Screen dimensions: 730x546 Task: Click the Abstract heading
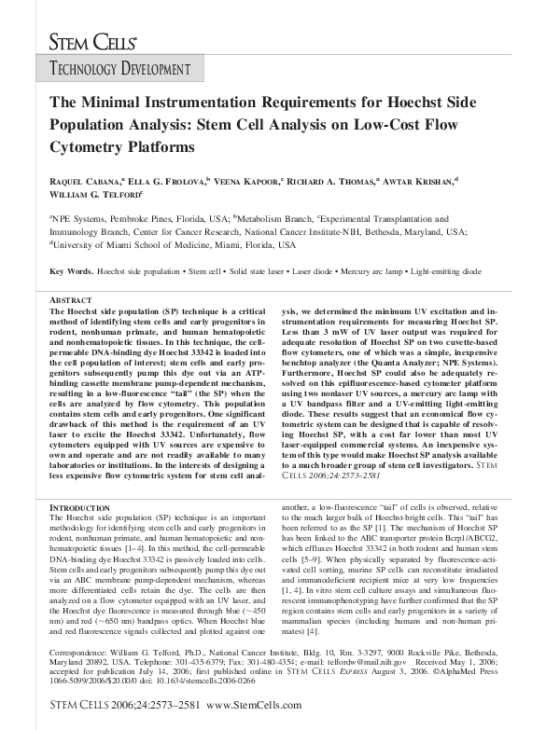pos(69,300)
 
